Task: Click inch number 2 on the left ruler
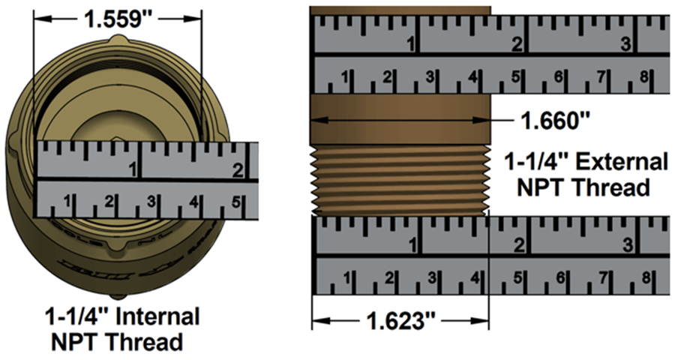pyautogui.click(x=237, y=170)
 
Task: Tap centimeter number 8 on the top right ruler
pyautogui.click(x=643, y=77)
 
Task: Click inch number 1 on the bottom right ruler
pyautogui.click(x=412, y=244)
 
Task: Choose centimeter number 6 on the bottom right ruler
pyautogui.click(x=558, y=279)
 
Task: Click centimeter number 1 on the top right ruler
pyautogui.click(x=346, y=77)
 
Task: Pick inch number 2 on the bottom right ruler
pyautogui.click(x=518, y=244)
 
